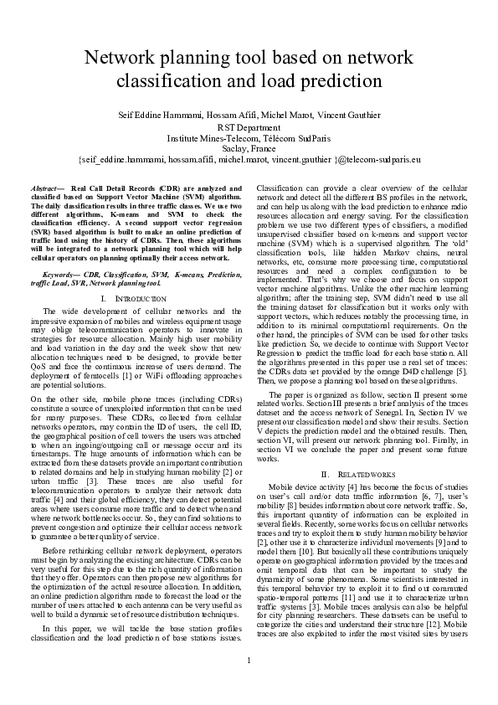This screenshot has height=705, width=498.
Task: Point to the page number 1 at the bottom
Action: [249, 682]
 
